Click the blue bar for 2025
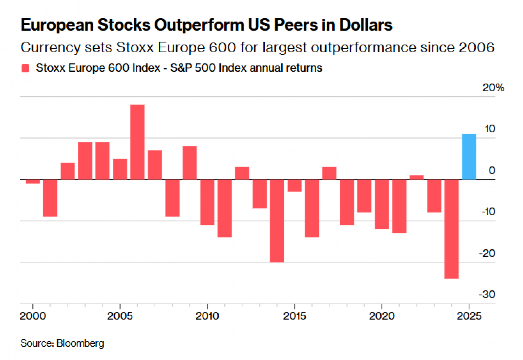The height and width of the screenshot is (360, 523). pyautogui.click(x=469, y=157)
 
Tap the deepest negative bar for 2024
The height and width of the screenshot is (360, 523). pyautogui.click(x=452, y=229)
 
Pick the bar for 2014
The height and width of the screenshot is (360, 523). pyautogui.click(x=277, y=221)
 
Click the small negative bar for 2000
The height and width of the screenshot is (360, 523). pyautogui.click(x=33, y=181)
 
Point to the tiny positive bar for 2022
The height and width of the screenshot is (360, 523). pyautogui.click(x=417, y=177)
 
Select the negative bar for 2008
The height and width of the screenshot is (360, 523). pyautogui.click(x=172, y=198)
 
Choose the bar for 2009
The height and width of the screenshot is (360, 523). pyautogui.click(x=190, y=163)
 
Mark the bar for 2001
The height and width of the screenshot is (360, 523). pyautogui.click(x=50, y=198)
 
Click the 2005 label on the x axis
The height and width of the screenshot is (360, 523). pyautogui.click(x=120, y=316)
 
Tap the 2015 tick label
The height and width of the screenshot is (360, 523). pyautogui.click(x=294, y=316)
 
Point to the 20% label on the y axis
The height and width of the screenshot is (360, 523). pyautogui.click(x=493, y=88)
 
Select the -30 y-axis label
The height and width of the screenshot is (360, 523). pyautogui.click(x=487, y=295)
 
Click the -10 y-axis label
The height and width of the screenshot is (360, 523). pyautogui.click(x=488, y=212)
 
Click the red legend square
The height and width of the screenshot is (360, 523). pyautogui.click(x=25, y=68)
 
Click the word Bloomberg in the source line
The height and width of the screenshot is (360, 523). pyautogui.click(x=80, y=343)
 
